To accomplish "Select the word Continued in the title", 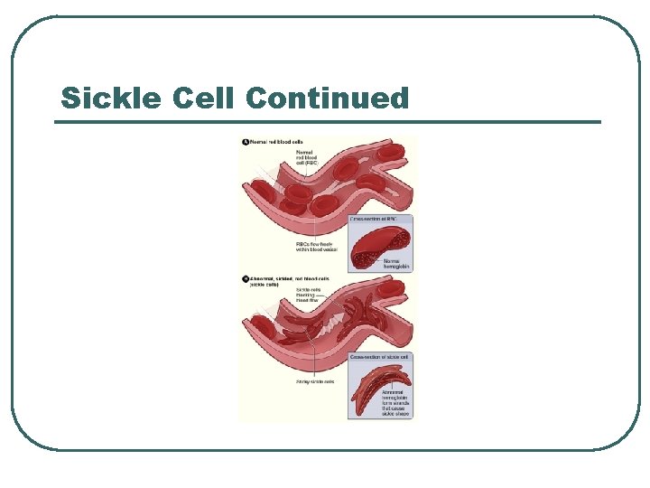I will [x=326, y=98].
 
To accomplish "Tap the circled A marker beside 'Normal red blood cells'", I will [x=245, y=142].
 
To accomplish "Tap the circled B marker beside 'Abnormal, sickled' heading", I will [x=245, y=278].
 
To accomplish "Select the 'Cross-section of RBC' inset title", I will [x=380, y=220].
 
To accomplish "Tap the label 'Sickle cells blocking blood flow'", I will [x=322, y=296].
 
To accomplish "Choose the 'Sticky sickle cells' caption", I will [x=315, y=381].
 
